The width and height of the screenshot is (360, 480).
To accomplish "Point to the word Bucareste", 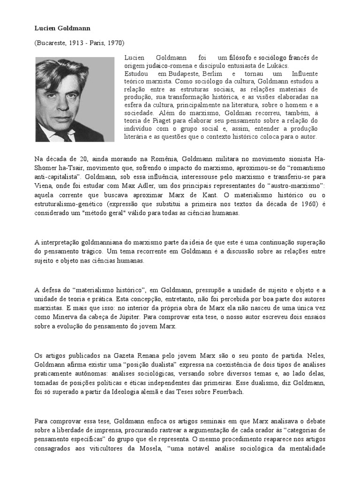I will click(52, 43).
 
